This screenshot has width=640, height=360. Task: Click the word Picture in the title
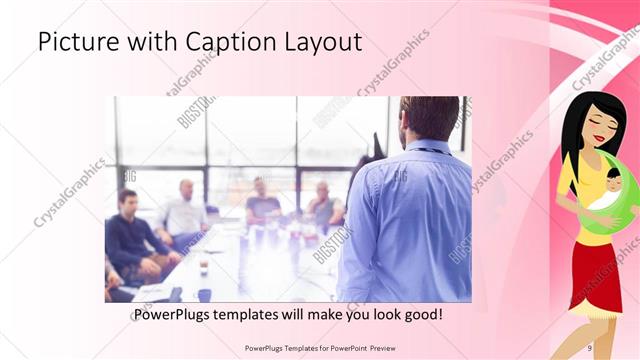tap(76, 42)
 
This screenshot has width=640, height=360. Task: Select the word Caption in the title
tap(225, 42)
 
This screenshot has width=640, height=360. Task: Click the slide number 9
tap(590, 347)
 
